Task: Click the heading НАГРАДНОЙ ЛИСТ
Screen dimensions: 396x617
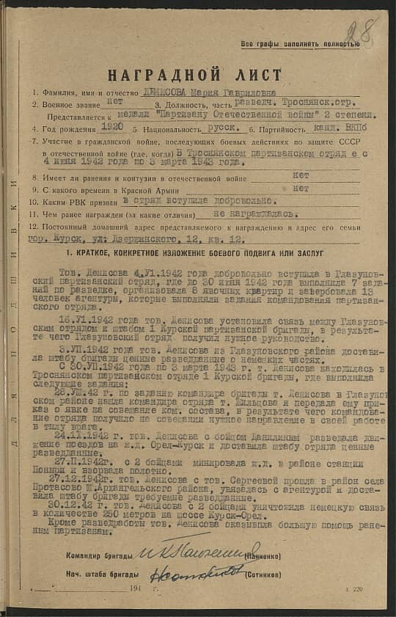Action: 194,76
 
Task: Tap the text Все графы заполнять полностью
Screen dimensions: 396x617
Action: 300,45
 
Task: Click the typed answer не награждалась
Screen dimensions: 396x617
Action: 254,213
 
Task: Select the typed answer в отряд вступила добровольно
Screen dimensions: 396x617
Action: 199,200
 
